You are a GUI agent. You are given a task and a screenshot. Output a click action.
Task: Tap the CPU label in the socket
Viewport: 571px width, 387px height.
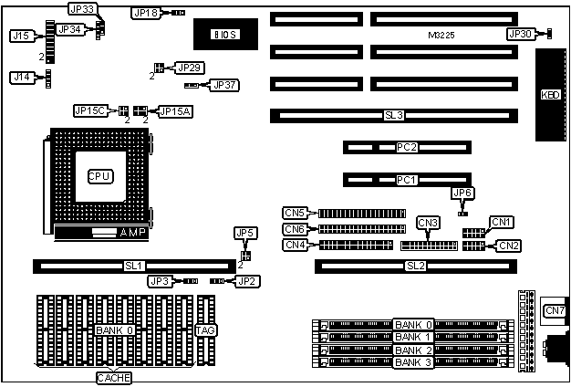tap(99, 175)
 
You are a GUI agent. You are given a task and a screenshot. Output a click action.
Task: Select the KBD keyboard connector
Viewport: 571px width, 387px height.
tap(550, 94)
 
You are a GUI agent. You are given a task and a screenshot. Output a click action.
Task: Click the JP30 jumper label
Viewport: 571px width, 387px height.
tap(520, 34)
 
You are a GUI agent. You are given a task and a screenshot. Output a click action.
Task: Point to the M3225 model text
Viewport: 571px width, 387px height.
tap(441, 35)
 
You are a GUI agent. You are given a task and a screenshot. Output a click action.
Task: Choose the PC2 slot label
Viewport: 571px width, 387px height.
tap(407, 147)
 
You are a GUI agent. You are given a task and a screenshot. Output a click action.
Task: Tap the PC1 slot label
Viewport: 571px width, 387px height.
tap(407, 179)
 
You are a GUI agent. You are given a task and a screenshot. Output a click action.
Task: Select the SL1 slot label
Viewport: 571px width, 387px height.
tap(133, 266)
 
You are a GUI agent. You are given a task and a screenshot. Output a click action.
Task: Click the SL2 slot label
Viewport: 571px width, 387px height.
tap(415, 266)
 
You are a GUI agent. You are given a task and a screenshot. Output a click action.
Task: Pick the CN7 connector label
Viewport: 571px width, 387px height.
tap(554, 311)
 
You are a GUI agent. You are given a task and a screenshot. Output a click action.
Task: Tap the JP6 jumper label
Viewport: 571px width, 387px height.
tap(462, 193)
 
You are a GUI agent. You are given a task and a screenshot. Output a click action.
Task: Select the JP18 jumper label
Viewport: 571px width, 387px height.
tap(145, 14)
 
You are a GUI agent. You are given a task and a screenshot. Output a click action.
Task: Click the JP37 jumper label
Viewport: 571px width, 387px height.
tap(223, 85)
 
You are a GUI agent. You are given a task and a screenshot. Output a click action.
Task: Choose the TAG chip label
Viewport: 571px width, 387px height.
tap(206, 329)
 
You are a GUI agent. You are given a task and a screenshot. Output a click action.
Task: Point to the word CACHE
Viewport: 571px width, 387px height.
tap(115, 378)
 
